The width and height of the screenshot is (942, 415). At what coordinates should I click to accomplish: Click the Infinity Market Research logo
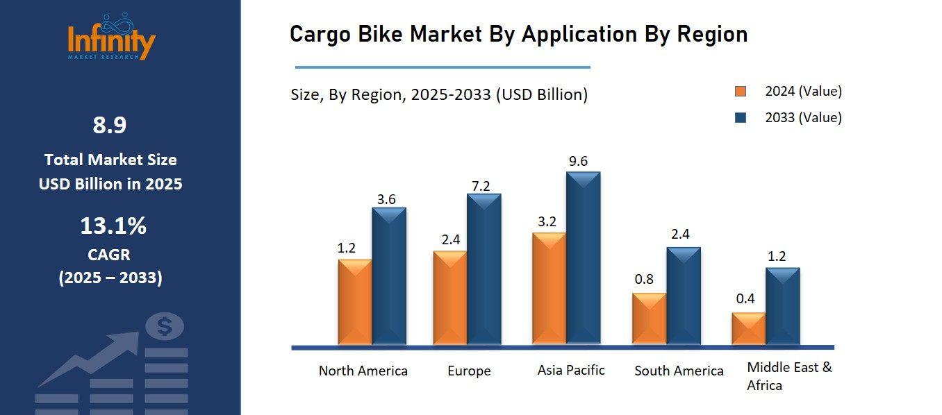(111, 37)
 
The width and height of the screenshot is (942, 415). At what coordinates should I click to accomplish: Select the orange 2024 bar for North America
(355, 302)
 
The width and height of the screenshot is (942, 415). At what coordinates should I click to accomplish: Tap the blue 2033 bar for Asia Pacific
(583, 258)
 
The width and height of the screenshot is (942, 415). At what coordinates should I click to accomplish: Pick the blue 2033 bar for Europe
(484, 269)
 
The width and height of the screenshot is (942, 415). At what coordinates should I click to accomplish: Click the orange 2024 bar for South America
(649, 319)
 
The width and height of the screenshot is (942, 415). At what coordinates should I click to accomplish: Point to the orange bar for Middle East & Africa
(748, 328)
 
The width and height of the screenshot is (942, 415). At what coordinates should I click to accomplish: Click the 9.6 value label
(578, 161)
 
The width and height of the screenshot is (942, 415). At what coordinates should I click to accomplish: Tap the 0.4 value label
(745, 299)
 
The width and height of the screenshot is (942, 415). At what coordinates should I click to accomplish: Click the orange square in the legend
(741, 92)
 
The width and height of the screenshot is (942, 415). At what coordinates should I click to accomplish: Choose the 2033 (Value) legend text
(803, 117)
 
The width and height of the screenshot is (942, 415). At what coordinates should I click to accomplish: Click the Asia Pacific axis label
(571, 370)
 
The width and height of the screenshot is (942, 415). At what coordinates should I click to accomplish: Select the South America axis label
(679, 371)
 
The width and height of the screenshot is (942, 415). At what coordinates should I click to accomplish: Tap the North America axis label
(363, 371)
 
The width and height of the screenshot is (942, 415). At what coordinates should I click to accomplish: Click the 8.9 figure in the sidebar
(110, 126)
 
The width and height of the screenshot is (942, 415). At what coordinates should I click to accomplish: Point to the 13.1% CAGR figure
(113, 226)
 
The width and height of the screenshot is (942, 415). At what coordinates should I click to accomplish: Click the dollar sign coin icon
(165, 326)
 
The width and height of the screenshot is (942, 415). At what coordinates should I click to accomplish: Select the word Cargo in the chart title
(321, 34)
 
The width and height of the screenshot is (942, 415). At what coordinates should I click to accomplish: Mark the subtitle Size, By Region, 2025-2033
(439, 95)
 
